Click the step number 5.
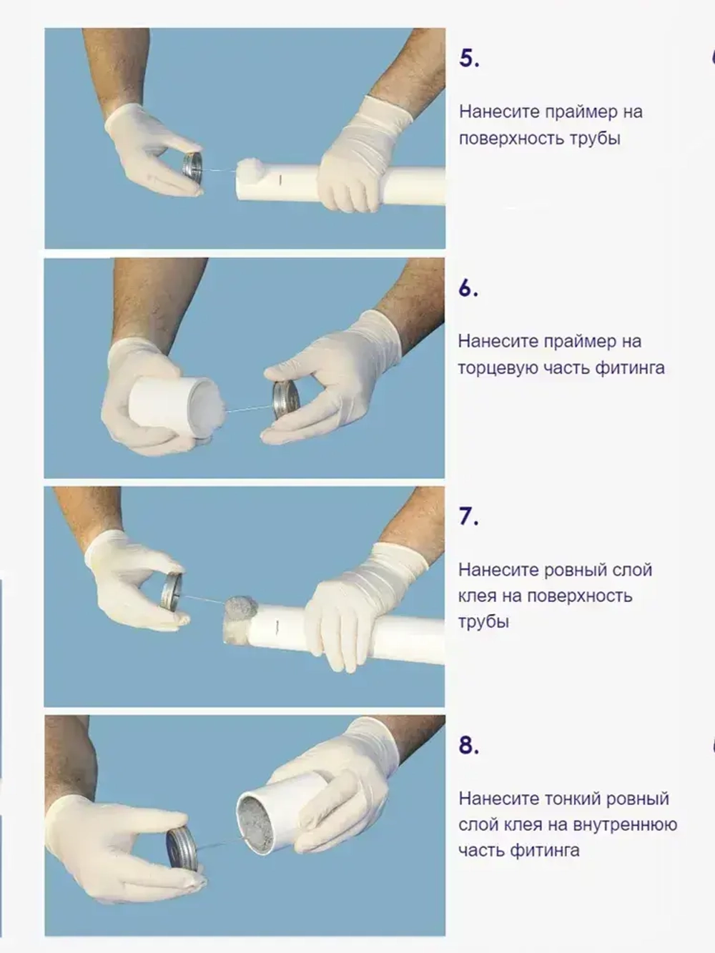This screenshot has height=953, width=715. (469, 59)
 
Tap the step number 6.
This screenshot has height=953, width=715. (468, 288)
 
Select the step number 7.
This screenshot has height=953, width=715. (468, 516)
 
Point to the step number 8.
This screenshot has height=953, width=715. (469, 745)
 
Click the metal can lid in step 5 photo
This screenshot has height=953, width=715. (192, 165)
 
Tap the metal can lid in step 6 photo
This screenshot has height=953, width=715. (285, 400)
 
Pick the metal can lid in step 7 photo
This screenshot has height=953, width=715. (172, 592)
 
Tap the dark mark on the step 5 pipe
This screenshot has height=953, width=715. (280, 179)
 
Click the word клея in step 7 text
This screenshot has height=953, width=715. (477, 596)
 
